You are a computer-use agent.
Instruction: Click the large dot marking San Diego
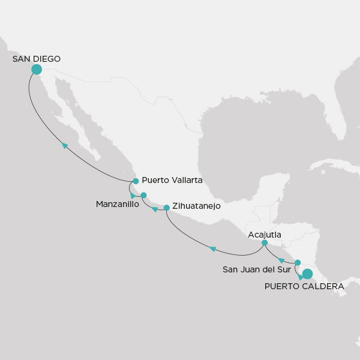tap(36, 70)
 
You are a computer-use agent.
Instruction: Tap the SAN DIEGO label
tap(37, 59)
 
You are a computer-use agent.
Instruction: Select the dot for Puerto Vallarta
tap(136, 181)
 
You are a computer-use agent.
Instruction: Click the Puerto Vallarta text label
tap(172, 180)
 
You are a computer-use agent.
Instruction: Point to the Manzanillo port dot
tap(143, 195)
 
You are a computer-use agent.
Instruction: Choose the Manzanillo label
tap(118, 205)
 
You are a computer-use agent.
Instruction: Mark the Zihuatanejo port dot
tap(166, 208)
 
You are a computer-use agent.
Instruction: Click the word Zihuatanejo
tap(196, 206)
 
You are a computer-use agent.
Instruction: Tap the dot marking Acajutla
tap(265, 243)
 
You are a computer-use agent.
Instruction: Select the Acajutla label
tap(265, 235)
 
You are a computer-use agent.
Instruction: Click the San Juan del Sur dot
tap(298, 262)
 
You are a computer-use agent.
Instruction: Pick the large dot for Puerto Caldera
tap(307, 274)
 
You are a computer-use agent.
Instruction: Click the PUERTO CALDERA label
tap(304, 286)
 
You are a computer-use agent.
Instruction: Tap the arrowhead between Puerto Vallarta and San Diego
tap(65, 145)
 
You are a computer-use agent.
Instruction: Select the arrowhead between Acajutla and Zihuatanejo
tap(212, 249)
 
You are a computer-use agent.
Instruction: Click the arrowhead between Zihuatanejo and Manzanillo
tap(155, 209)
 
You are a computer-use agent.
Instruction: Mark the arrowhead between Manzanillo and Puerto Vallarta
tap(133, 196)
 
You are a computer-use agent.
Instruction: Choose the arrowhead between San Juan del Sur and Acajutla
tap(281, 260)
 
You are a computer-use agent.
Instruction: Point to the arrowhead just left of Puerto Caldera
tap(301, 277)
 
